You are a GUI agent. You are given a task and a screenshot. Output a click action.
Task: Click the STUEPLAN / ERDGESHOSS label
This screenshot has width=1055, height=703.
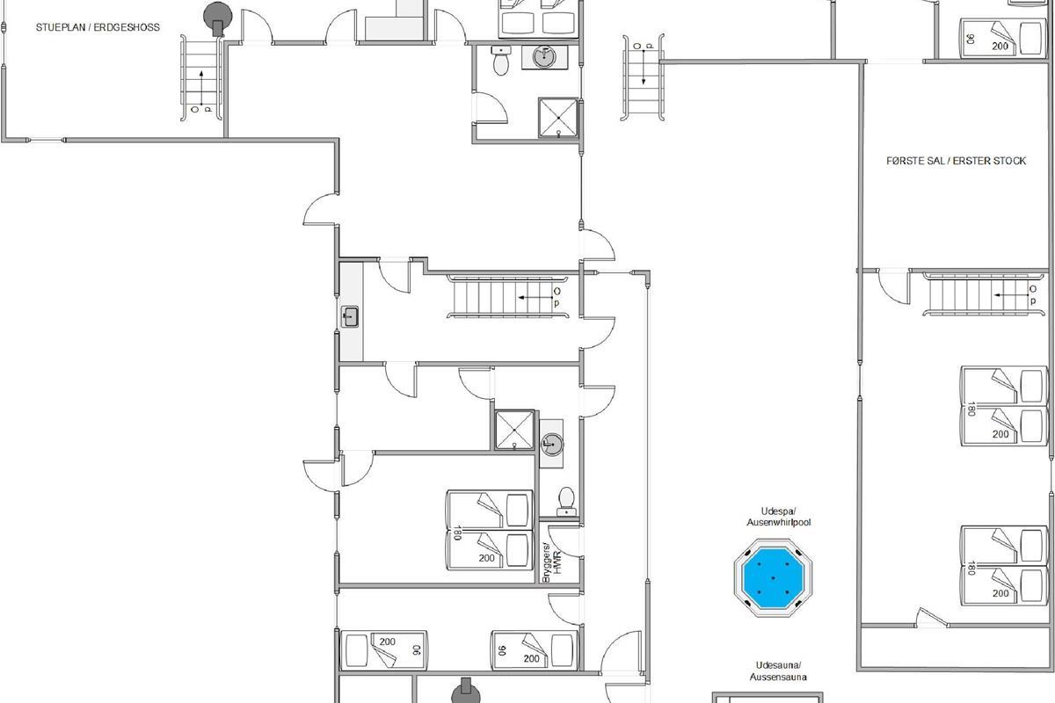click(x=98, y=27)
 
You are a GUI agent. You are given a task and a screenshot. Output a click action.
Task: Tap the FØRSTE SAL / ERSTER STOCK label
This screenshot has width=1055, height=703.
click(x=957, y=161)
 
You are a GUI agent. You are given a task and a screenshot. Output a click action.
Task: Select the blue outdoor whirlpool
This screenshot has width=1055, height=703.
click(x=773, y=577)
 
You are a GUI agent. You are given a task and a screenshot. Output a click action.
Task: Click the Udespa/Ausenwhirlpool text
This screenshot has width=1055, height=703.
click(x=779, y=517)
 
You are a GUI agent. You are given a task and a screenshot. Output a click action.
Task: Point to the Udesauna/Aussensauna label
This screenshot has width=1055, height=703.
click(x=778, y=671)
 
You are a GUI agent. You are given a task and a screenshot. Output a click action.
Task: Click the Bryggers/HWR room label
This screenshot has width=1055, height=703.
click(x=551, y=562)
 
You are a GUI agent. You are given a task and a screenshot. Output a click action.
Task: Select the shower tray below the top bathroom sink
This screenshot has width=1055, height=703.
click(x=558, y=118)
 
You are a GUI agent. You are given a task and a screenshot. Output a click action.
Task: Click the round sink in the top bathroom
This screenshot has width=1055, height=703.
click(x=544, y=57)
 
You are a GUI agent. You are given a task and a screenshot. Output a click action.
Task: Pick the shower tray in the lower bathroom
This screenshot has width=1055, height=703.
click(x=514, y=430)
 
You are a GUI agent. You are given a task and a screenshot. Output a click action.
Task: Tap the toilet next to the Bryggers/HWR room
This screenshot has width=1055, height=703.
click(x=566, y=502)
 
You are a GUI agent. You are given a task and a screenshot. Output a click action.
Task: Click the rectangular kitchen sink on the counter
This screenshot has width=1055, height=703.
click(x=350, y=317)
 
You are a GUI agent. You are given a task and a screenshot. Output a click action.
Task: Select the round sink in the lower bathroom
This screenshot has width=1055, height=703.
click(x=551, y=444)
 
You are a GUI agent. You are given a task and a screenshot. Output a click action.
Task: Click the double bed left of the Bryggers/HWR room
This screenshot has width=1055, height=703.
click(x=490, y=530)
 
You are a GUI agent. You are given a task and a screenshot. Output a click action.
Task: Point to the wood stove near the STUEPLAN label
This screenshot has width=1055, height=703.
click(x=218, y=18)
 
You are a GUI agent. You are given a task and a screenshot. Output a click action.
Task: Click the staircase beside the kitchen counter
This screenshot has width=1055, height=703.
click(x=508, y=297)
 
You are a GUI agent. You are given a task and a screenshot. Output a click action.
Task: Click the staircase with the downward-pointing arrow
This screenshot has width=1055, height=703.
click(x=644, y=77)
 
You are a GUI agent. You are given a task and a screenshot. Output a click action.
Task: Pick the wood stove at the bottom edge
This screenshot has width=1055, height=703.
click(x=466, y=692)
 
